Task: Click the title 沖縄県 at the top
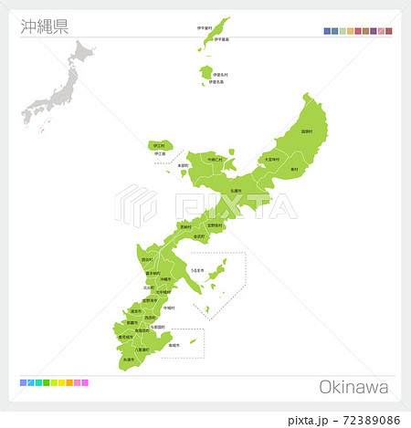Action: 44,26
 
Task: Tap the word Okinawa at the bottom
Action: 353,387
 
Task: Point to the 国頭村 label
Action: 306,131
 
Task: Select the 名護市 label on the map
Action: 235,190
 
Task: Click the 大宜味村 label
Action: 271,159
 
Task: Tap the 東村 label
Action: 293,170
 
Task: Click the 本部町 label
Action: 183,165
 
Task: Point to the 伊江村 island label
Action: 160,145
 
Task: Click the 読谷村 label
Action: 147,259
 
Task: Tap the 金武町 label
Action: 199,235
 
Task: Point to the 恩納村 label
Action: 185,226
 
